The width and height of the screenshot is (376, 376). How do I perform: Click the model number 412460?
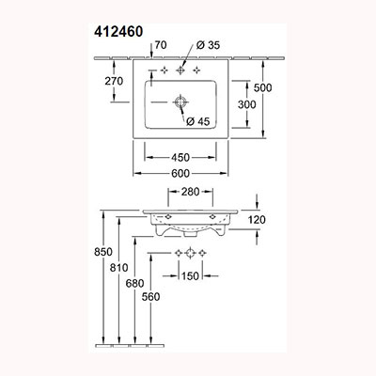[x=118, y=32]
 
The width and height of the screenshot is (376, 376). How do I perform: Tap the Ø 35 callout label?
[x=208, y=45]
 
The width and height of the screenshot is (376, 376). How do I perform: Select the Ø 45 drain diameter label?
[x=197, y=121]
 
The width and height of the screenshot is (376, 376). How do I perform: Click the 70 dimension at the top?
[x=161, y=45]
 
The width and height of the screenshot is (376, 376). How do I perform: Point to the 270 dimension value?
[x=114, y=81]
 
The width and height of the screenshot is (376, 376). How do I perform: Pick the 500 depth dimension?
[x=262, y=87]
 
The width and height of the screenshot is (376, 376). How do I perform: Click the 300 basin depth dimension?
[x=247, y=104]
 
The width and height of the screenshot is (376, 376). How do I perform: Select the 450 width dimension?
[x=180, y=157]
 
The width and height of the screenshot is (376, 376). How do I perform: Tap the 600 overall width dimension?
[x=180, y=173]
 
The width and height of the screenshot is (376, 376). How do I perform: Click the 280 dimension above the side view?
[x=191, y=192]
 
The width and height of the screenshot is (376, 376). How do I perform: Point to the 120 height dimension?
[x=257, y=220]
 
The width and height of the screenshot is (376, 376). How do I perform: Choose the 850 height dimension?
[x=103, y=252]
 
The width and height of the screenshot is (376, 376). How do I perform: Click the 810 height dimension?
[x=119, y=268]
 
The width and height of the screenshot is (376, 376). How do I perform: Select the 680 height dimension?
[x=134, y=284]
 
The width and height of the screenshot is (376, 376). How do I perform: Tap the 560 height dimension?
[x=150, y=296]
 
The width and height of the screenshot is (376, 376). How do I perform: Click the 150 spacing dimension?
[x=190, y=276]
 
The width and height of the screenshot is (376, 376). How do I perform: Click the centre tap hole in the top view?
[x=180, y=70]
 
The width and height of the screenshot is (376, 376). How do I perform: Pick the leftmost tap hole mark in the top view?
[x=164, y=70]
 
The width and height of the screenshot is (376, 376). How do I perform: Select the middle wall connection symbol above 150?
[x=190, y=253]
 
